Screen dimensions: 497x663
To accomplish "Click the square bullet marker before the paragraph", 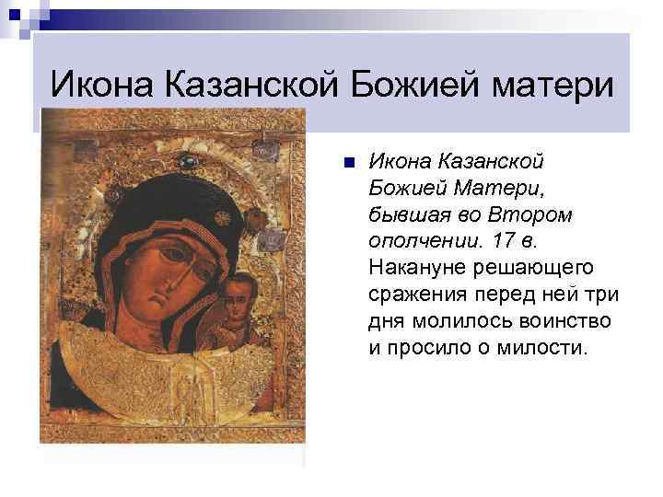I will (x=346, y=164).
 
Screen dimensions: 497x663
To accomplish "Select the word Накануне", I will (x=413, y=268).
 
